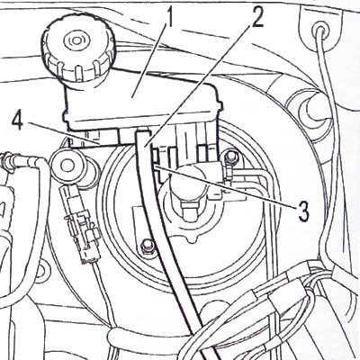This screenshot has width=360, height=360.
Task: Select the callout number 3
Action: (303, 211)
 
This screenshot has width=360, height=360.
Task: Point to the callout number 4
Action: (18, 121)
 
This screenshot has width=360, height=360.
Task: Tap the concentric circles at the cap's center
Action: (74, 40)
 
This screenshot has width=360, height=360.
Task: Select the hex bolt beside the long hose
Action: (147, 246)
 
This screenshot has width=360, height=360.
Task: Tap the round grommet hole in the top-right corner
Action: (320, 31)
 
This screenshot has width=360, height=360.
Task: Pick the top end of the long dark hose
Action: (142, 131)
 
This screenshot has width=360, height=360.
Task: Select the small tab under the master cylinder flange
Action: (192, 239)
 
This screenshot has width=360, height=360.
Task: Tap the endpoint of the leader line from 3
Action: (154, 165)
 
